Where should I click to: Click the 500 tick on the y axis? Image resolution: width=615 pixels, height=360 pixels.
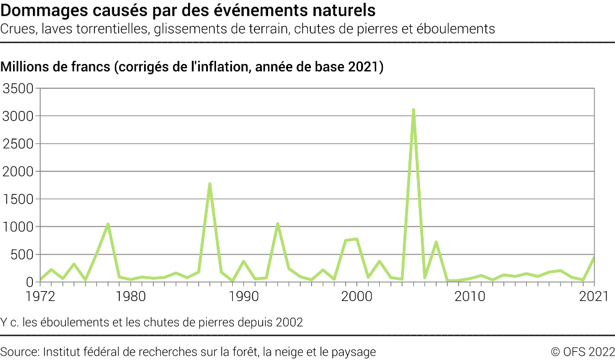click(23, 254)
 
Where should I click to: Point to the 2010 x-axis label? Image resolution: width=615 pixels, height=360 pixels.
click(470, 297)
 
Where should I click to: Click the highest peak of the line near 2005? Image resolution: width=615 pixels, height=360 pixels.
click(413, 110)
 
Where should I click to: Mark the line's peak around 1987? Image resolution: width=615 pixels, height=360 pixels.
click(210, 184)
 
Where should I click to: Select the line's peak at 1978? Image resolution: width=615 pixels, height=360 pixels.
click(108, 224)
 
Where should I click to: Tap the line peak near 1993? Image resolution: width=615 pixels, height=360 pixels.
click(277, 224)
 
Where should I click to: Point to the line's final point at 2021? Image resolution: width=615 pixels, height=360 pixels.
click(594, 258)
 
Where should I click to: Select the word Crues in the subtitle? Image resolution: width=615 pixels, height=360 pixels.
click(17, 29)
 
